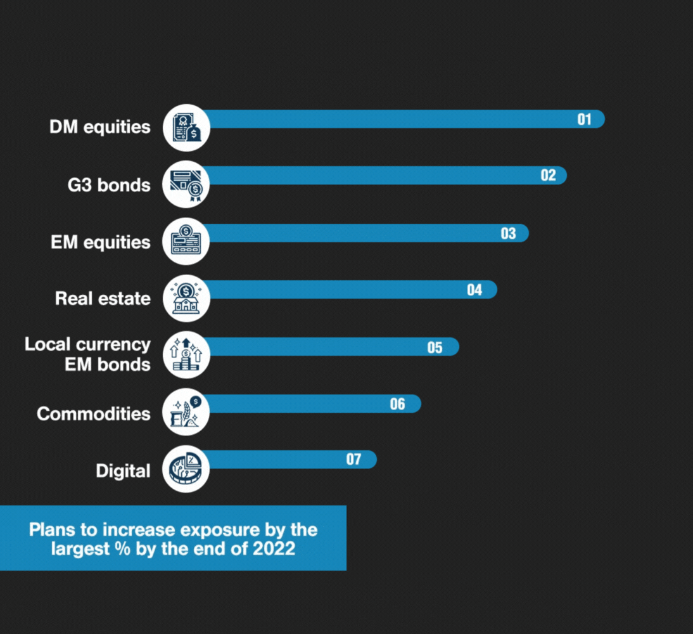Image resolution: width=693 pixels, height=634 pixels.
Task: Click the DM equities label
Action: [x=100, y=127]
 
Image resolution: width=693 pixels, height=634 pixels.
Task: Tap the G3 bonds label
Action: [x=109, y=185]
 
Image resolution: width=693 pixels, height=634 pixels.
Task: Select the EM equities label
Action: [x=101, y=242]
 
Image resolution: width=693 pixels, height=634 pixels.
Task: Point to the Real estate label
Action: [x=103, y=299]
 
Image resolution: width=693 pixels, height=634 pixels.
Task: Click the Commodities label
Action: [x=94, y=414]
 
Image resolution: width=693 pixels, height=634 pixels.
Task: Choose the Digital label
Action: [x=123, y=471]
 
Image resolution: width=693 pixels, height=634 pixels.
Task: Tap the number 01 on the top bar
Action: [x=584, y=119]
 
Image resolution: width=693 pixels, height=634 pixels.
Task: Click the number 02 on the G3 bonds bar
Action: [x=548, y=176]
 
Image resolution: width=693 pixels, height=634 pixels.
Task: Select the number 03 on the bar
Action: [x=509, y=233]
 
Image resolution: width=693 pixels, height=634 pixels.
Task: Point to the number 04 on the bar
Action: [x=474, y=290]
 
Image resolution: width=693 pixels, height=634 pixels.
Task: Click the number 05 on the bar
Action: [x=435, y=347]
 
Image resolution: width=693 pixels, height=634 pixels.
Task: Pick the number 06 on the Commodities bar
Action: [x=397, y=404]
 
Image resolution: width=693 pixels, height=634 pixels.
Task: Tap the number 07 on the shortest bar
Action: [x=353, y=460]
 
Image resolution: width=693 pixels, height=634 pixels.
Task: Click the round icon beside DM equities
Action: [x=186, y=127]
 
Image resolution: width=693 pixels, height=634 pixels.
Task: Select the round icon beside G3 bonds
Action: [x=186, y=184]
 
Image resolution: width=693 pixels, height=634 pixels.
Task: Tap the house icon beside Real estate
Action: [x=186, y=299]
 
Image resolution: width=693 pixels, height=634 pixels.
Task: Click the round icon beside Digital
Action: [x=186, y=470]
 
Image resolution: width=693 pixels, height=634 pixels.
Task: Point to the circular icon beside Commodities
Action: [x=186, y=413]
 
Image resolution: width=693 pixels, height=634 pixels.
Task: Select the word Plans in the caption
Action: [x=51, y=529]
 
